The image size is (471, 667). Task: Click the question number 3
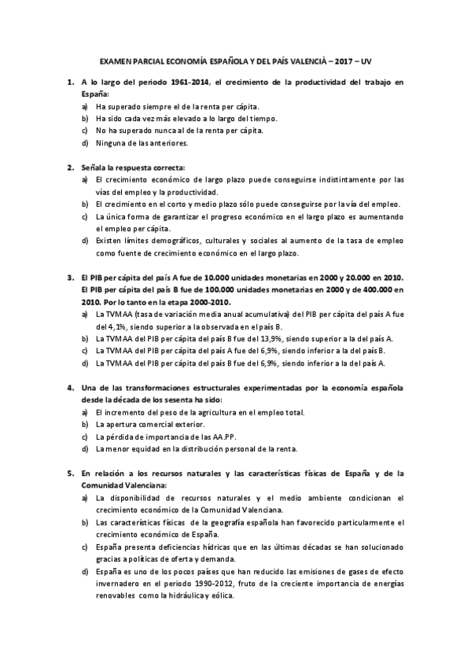(x=69, y=278)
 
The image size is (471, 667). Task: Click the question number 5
(x=69, y=474)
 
